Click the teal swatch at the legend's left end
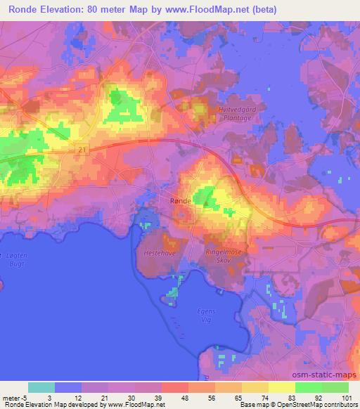(x=41, y=387)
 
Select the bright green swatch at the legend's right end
(x=335, y=387)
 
